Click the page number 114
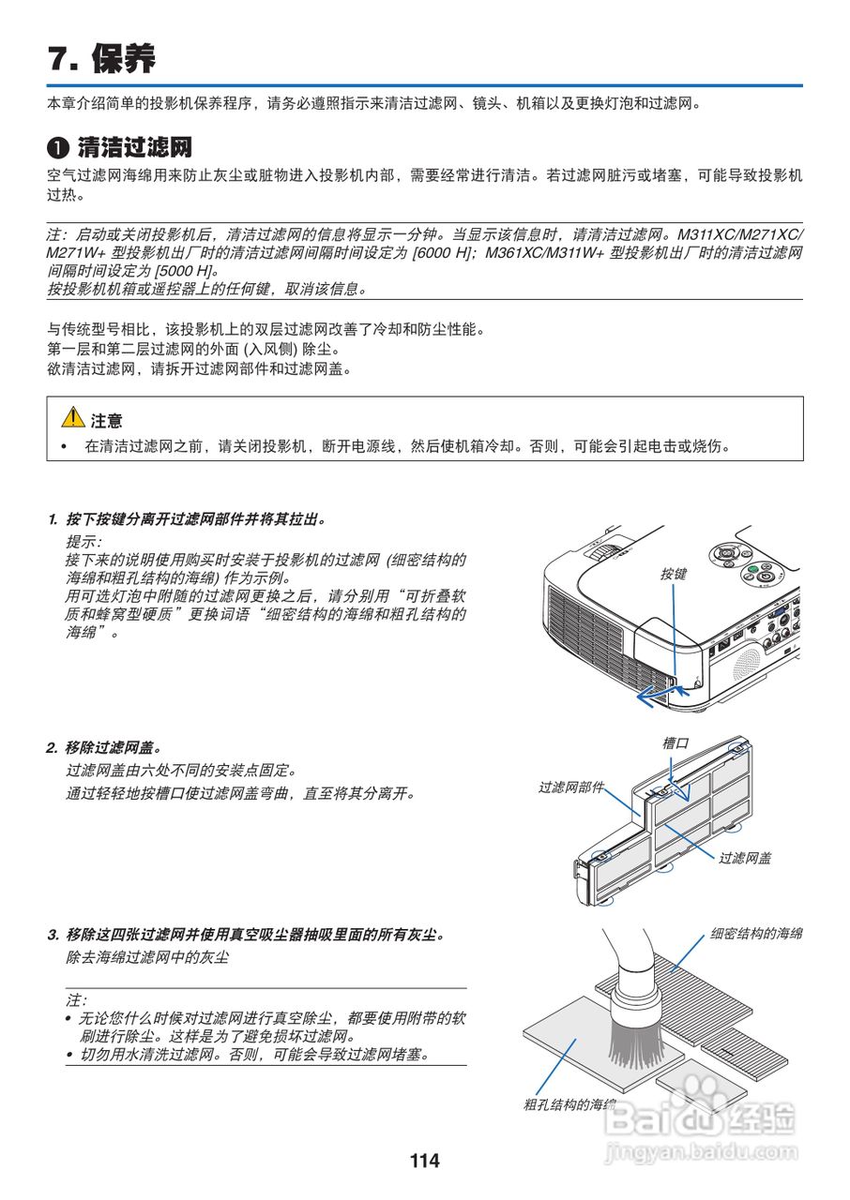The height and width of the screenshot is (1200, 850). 424,1161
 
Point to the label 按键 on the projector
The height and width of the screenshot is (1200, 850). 673,573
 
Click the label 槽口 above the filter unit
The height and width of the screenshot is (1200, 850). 675,743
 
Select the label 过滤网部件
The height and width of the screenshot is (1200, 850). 570,787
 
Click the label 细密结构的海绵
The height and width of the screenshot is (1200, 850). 755,934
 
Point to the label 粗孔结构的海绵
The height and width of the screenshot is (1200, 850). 569,1104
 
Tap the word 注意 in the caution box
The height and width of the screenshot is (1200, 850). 106,421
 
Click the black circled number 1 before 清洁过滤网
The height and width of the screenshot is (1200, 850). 58,148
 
